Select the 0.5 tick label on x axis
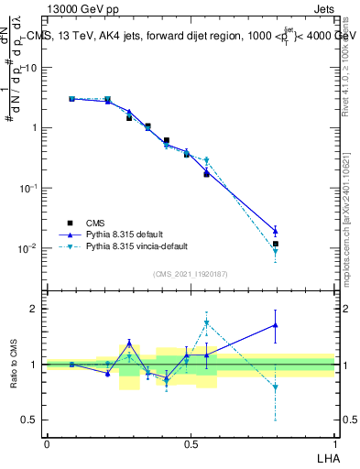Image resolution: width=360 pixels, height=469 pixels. point(191,443)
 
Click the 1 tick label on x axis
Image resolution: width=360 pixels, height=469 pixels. point(334,443)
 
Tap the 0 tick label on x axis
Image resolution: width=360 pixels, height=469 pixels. point(47,443)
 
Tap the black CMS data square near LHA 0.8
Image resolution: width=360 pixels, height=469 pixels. point(275,244)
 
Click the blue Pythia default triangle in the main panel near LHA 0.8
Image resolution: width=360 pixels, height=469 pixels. point(275,231)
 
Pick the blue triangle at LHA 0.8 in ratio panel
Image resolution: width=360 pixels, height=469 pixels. point(275,325)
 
